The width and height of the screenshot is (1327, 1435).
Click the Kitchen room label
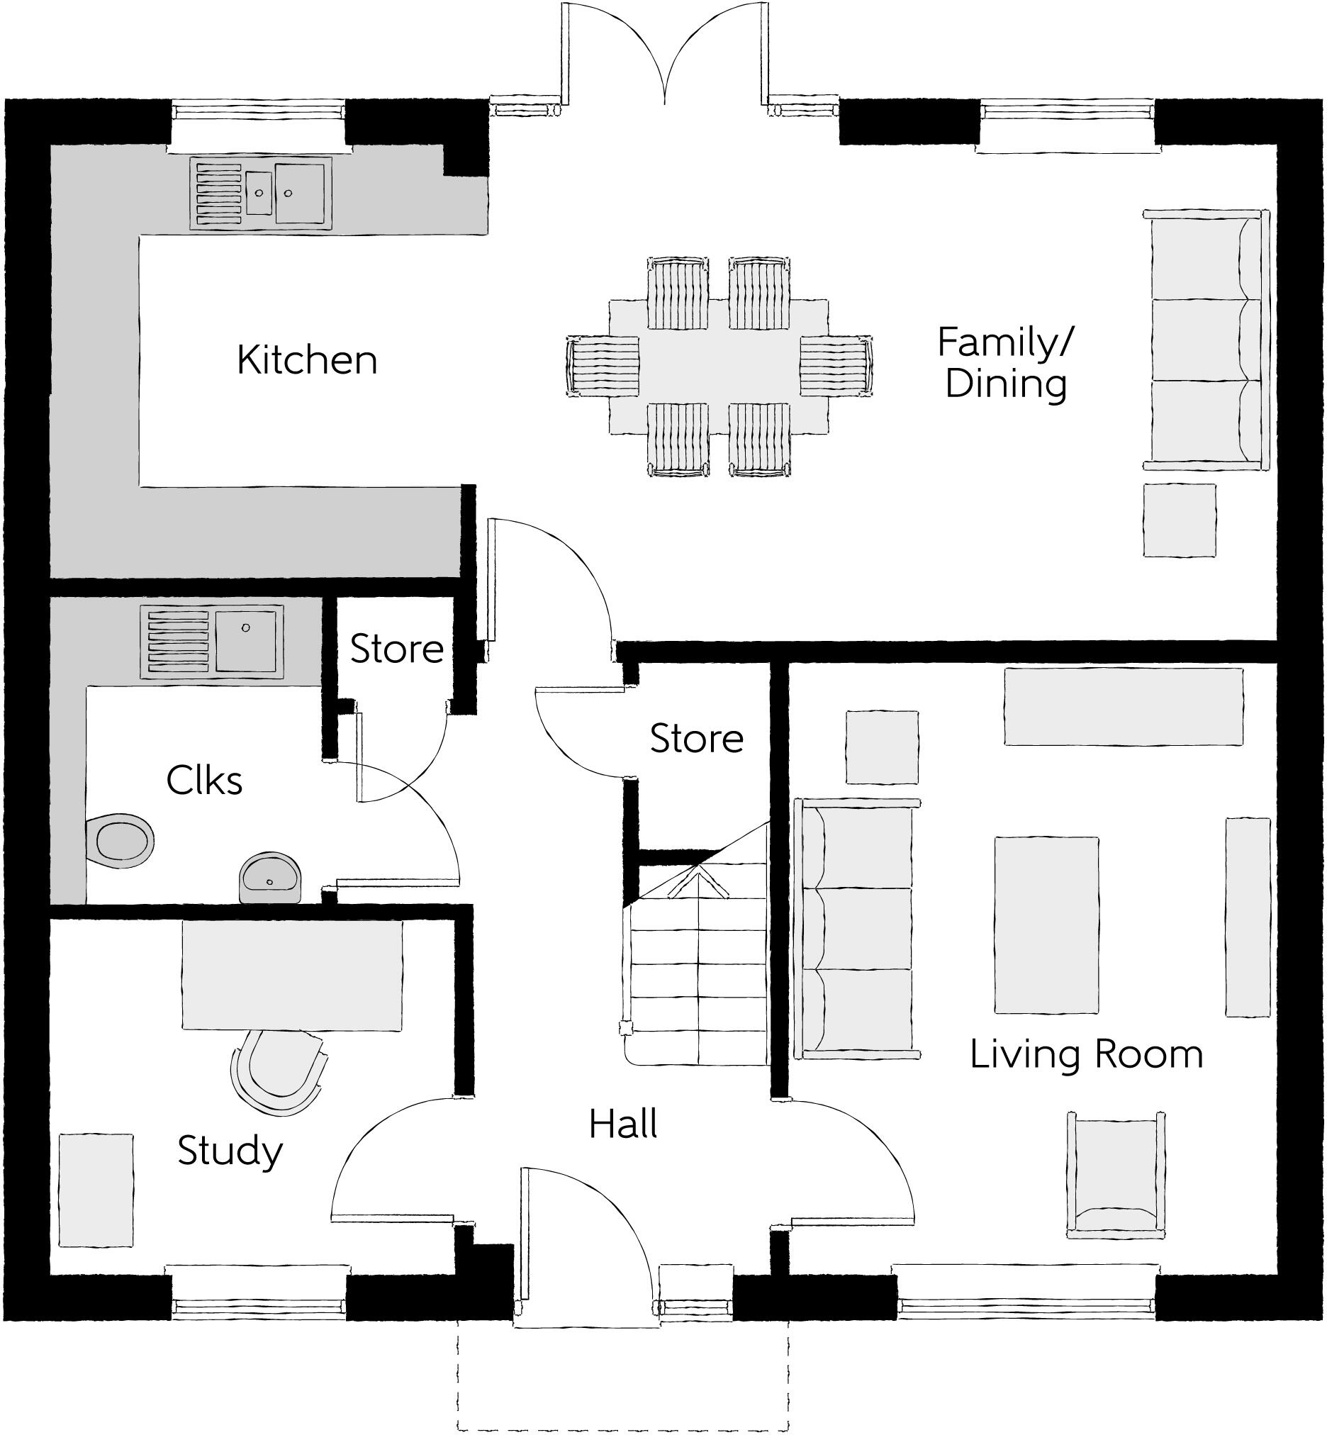(307, 361)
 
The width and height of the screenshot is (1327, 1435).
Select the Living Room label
(1087, 1054)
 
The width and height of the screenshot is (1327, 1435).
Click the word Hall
(622, 1124)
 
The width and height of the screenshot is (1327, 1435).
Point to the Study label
(230, 1151)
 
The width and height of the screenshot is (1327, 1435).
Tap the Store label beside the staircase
(697, 738)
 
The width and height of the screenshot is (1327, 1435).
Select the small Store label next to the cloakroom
(396, 649)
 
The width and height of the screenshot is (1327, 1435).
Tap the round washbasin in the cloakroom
(269, 878)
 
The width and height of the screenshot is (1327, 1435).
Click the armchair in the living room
(1115, 1176)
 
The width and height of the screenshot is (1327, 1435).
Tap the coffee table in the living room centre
(1046, 925)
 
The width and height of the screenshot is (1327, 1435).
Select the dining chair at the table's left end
(603, 366)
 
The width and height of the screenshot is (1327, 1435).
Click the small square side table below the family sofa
(1179, 520)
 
